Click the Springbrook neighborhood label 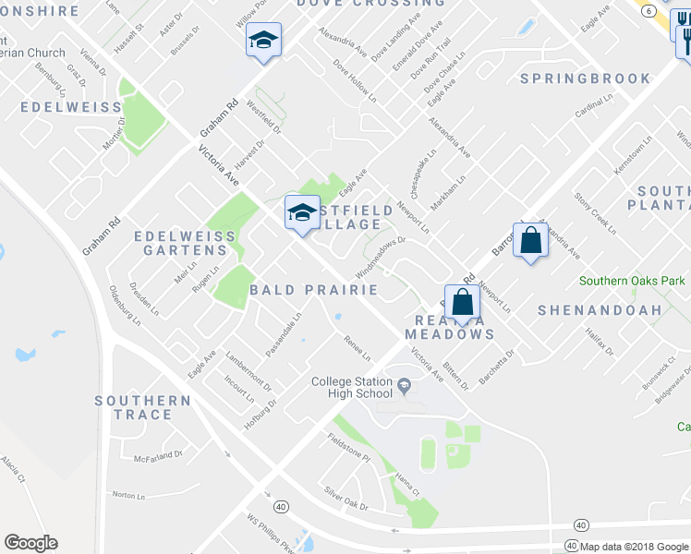[585, 78]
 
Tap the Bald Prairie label [314, 290]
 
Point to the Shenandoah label [600, 310]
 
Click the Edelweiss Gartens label [185, 244]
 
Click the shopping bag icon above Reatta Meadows [463, 301]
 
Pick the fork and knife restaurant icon [685, 39]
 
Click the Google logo [30, 543]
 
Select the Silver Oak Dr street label [345, 500]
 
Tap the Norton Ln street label [129, 495]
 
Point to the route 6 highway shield [649, 10]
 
